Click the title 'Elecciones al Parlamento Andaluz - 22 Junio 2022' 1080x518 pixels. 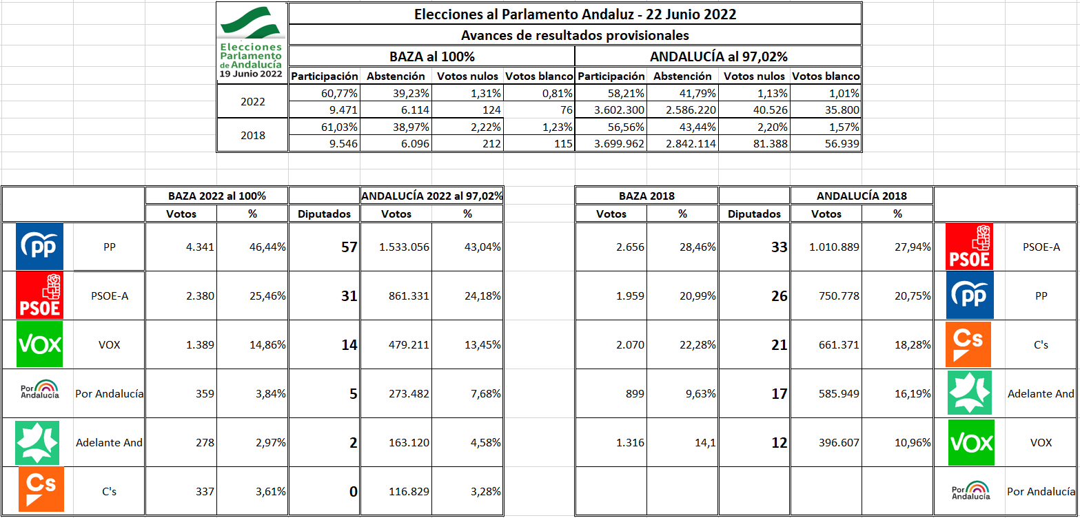pyautogui.click(x=575, y=14)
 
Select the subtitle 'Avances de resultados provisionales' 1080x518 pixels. pyautogui.click(x=575, y=35)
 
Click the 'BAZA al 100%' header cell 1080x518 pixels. pyautogui.click(x=431, y=56)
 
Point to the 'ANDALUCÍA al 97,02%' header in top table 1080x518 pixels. pyautogui.click(x=718, y=56)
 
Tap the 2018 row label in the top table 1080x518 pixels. pyautogui.click(x=252, y=135)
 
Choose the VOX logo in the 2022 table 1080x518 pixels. pyautogui.click(x=39, y=344)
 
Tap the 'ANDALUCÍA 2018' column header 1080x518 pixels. pyautogui.click(x=861, y=196)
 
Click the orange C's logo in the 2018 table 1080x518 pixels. pyautogui.click(x=969, y=344)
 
